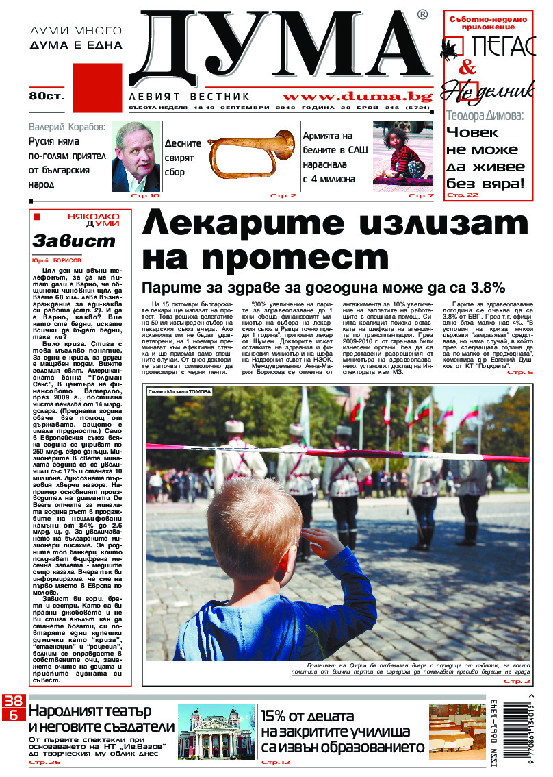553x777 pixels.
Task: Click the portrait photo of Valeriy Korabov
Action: click(x=136, y=156)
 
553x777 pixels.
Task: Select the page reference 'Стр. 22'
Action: click(x=463, y=195)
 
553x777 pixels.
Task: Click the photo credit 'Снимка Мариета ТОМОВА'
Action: click(x=179, y=392)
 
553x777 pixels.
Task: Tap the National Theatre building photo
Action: click(x=215, y=732)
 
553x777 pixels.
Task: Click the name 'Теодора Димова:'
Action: click(x=485, y=116)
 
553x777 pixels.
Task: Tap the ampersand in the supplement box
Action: click(x=467, y=67)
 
